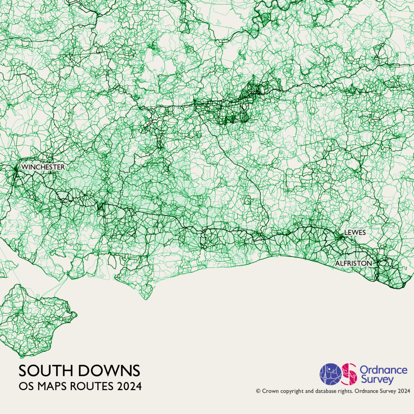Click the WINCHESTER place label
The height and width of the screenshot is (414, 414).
tap(43, 167)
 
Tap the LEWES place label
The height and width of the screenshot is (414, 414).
tap(355, 232)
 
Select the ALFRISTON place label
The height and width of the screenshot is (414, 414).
tap(353, 263)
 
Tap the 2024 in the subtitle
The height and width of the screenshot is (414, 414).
tap(130, 387)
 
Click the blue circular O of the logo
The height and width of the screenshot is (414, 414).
tap(331, 374)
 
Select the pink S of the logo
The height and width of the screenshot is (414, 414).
tap(349, 374)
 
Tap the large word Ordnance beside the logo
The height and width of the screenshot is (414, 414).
tap(383, 370)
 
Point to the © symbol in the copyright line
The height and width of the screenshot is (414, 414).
tap(258, 391)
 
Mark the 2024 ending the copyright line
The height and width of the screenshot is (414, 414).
tap(404, 391)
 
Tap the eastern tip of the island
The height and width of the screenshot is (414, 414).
tap(76, 313)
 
